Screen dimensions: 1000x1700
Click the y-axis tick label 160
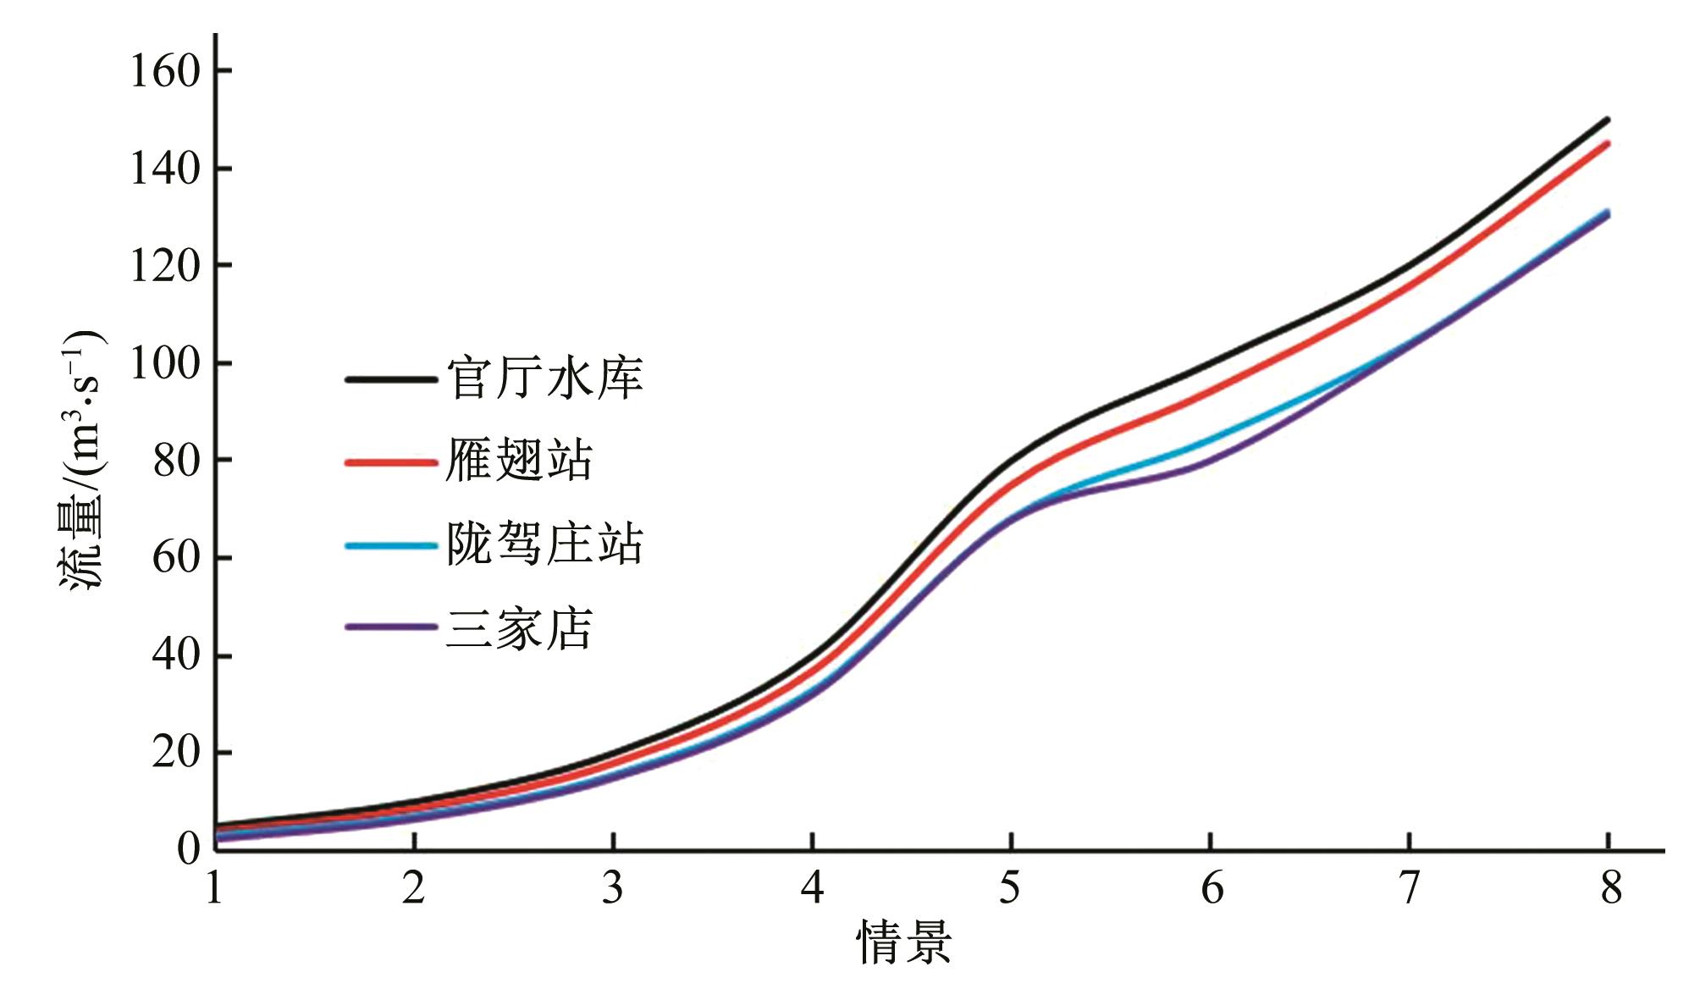[x=164, y=70]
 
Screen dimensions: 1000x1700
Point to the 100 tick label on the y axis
[x=164, y=363]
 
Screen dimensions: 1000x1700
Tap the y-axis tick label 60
[x=176, y=558]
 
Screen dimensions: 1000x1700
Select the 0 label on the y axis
[x=188, y=848]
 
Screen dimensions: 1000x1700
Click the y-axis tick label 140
[x=164, y=169]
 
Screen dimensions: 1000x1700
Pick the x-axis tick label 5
[x=1010, y=888]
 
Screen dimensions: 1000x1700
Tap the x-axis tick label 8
[x=1609, y=888]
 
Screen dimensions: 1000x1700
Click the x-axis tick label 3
[x=612, y=888]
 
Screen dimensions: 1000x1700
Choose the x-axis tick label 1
[x=214, y=888]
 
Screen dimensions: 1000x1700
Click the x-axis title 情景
[x=904, y=942]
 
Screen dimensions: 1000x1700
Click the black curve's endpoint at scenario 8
[x=1607, y=119]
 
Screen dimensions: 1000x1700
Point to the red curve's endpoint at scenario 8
[x=1607, y=143]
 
